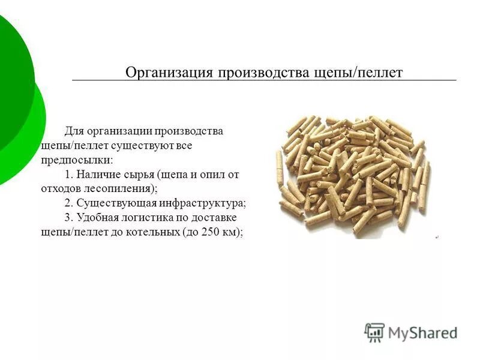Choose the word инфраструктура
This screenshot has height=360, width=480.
pos(204,203)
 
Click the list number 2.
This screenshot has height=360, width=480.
pos(68,203)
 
